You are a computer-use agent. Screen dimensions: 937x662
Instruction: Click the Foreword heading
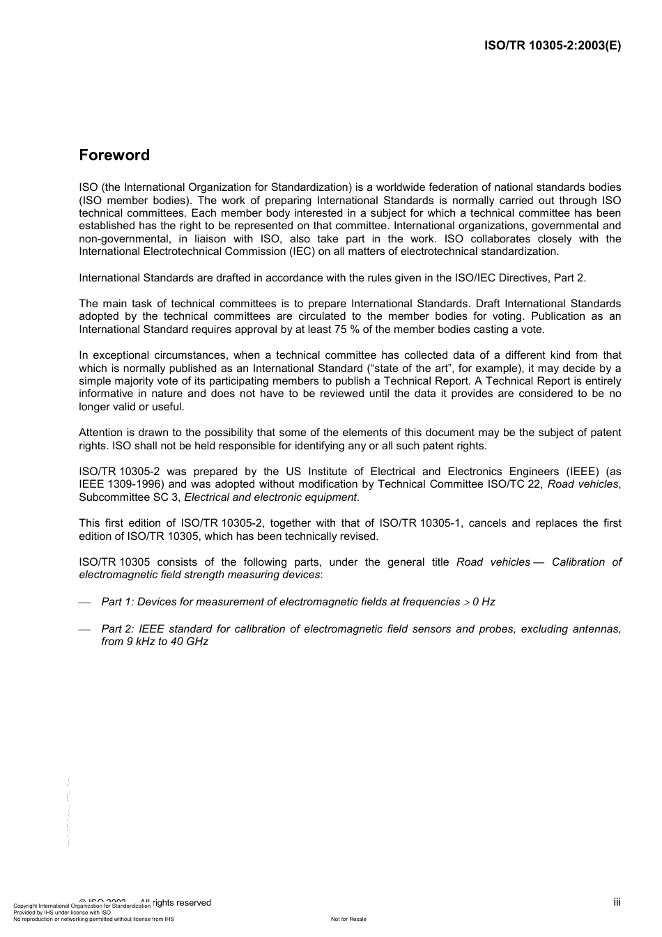(114, 155)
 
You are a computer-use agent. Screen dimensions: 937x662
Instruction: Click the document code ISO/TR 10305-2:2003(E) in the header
(552, 45)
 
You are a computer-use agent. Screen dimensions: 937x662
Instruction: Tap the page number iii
(617, 902)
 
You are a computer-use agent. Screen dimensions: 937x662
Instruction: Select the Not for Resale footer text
(348, 919)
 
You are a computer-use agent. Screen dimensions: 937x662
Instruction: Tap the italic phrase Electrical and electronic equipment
(270, 497)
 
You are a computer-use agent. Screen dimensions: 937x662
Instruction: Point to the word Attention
(101, 433)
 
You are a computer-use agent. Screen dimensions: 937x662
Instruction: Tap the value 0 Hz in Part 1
(484, 602)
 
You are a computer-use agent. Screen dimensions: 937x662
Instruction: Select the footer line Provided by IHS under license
(62, 913)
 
